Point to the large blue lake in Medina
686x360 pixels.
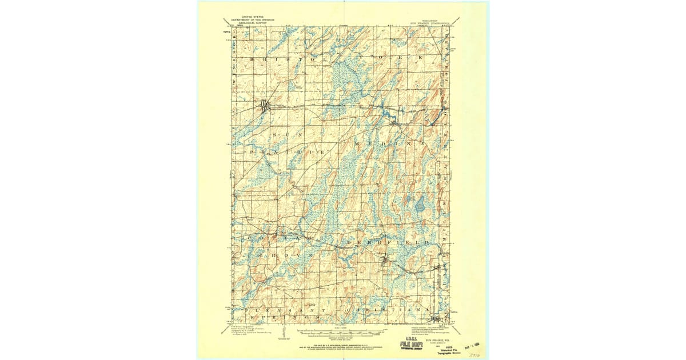[420, 204]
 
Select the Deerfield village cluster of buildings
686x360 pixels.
[385, 262]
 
